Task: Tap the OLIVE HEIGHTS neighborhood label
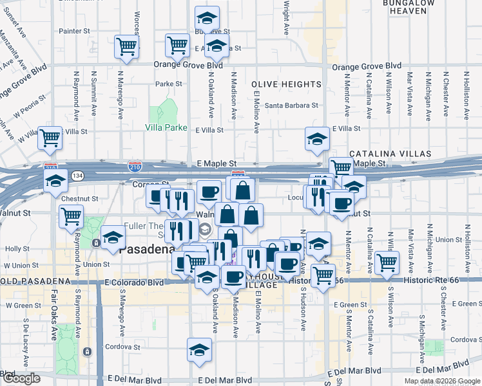(286, 84)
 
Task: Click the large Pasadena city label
(148, 249)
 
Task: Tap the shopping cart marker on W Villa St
(50, 138)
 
